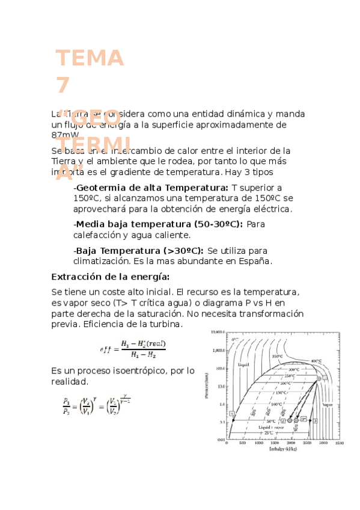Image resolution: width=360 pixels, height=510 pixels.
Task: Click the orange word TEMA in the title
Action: [90, 59]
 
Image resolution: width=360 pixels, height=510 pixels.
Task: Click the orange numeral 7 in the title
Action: [63, 85]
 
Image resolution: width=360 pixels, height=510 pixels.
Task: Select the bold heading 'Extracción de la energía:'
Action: [111, 277]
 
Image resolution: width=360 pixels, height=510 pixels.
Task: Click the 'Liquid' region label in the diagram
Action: [244, 364]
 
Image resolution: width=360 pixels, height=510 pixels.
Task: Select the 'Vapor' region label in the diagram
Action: [327, 405]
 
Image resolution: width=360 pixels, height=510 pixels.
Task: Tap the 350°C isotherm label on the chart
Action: [277, 356]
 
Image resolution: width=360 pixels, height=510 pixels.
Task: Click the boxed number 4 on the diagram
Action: [231, 414]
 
